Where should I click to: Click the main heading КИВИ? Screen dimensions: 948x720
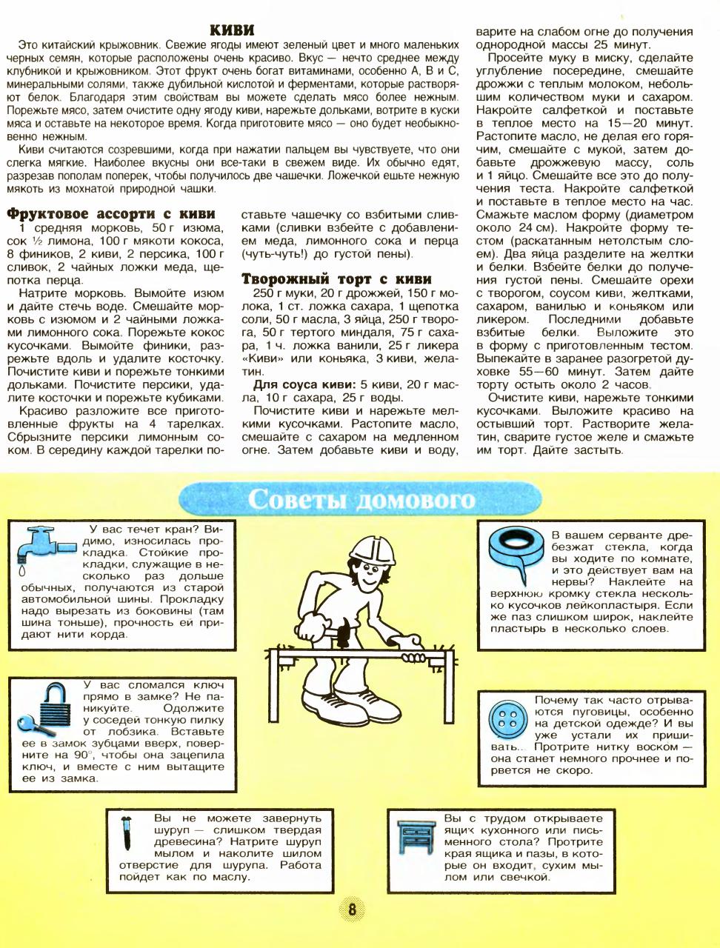click(233, 30)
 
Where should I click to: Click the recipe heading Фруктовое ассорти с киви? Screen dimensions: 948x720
click(111, 214)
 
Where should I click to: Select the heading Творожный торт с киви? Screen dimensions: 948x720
click(337, 279)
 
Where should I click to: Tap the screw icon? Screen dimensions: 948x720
click(126, 834)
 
